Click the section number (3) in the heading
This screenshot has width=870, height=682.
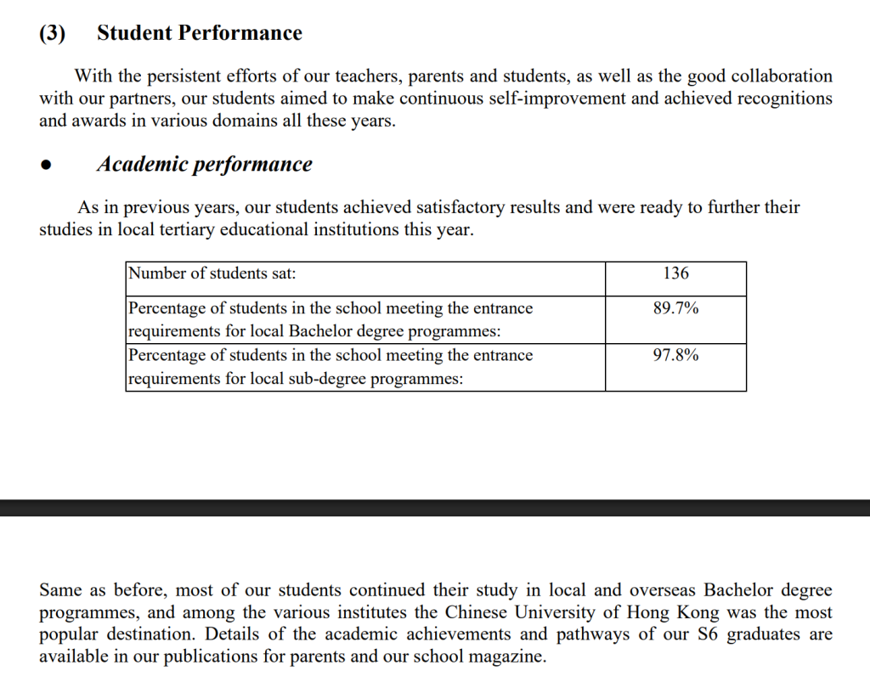pyautogui.click(x=53, y=33)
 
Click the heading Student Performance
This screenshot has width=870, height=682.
pyautogui.click(x=200, y=33)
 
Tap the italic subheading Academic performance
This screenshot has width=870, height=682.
pyautogui.click(x=204, y=164)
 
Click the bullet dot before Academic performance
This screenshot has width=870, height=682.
pyautogui.click(x=47, y=166)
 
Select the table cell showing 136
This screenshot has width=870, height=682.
pyautogui.click(x=675, y=273)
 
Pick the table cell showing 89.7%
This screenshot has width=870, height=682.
pyautogui.click(x=675, y=308)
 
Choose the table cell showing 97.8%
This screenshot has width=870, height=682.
pyautogui.click(x=675, y=355)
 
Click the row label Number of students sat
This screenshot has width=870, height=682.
pyautogui.click(x=212, y=273)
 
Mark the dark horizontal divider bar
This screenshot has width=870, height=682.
pyautogui.click(x=435, y=507)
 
